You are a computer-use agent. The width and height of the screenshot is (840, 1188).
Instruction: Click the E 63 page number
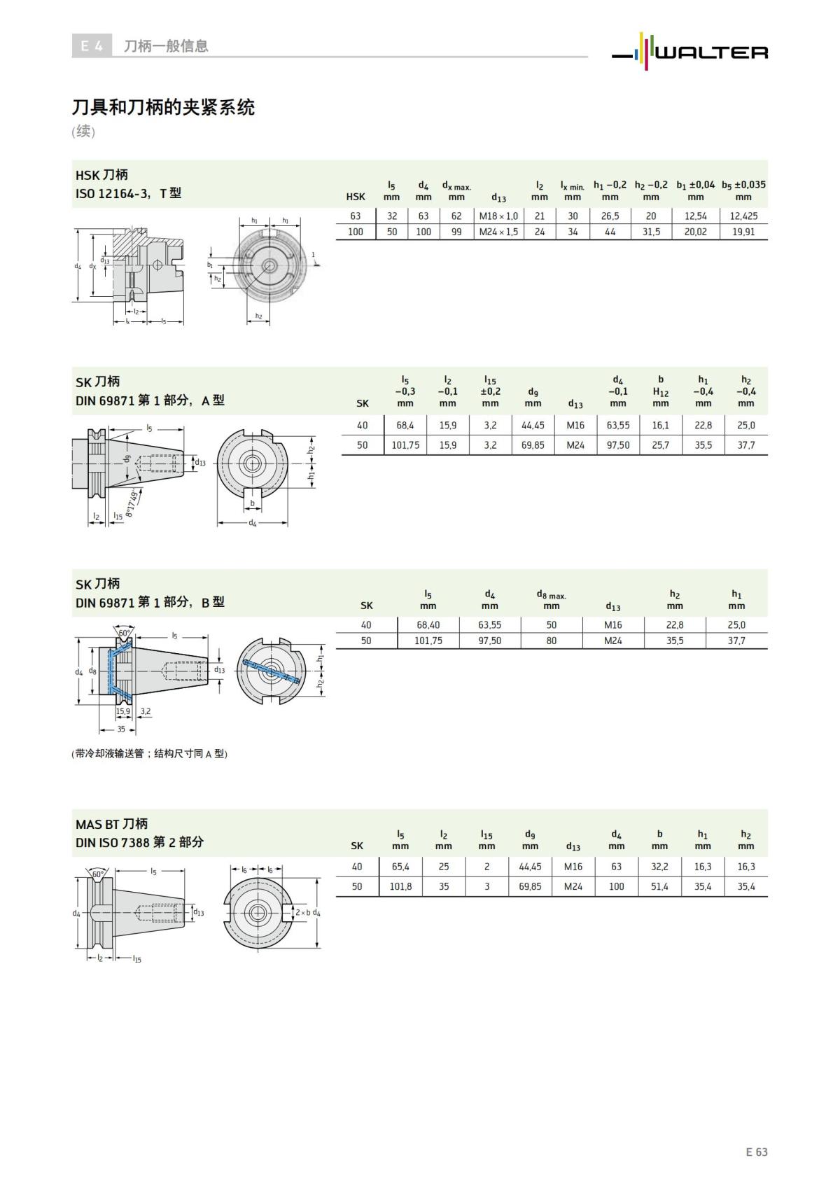(756, 1152)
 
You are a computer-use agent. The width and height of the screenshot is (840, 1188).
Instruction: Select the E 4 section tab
(92, 46)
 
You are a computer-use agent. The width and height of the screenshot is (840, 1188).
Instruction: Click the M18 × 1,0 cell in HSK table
(498, 216)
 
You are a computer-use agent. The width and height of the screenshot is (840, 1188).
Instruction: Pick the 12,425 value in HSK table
(743, 216)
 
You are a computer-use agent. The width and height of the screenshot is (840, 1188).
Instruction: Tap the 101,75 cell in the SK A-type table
(405, 445)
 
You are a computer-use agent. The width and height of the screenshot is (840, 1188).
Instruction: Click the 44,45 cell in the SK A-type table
(533, 426)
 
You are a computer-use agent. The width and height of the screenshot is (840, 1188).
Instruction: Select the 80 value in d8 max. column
(552, 641)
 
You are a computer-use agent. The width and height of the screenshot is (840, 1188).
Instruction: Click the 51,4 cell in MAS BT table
(659, 886)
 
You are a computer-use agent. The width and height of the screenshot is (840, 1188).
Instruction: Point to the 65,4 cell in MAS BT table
(400, 867)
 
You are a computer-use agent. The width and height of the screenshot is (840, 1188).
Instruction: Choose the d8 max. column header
(552, 600)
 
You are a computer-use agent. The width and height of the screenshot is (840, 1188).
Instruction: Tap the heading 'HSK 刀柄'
(101, 174)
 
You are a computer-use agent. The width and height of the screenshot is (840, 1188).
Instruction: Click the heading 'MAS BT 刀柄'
(112, 823)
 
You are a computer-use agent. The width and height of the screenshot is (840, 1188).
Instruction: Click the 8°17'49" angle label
(132, 503)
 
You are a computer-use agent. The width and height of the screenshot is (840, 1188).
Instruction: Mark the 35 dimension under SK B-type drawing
(121, 729)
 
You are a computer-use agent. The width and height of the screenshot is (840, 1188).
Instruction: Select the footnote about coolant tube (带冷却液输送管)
(150, 754)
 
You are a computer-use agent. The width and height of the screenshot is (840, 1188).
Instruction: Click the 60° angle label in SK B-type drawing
(124, 633)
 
